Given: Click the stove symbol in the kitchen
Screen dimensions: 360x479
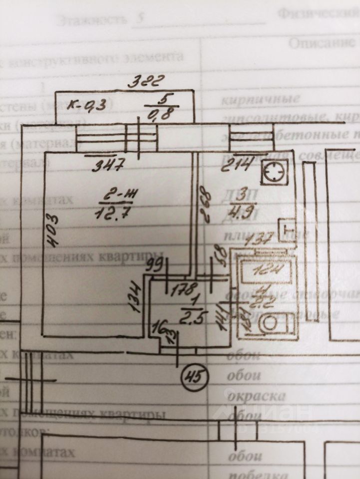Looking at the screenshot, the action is point(274,173).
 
